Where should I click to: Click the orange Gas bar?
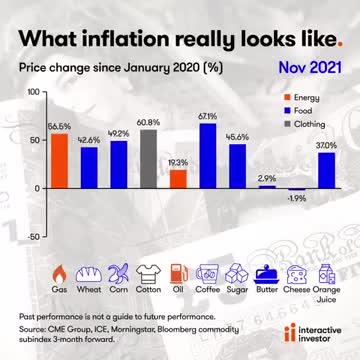click(59, 161)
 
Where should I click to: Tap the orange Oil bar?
click(178, 178)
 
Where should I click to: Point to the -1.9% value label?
click(296, 198)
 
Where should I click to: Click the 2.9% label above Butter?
click(267, 177)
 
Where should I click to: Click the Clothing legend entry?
click(311, 126)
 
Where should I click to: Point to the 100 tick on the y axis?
click(32, 91)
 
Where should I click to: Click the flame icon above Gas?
click(59, 271)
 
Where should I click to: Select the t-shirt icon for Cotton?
click(148, 271)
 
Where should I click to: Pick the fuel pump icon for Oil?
click(178, 271)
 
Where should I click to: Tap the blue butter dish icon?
click(267, 271)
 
